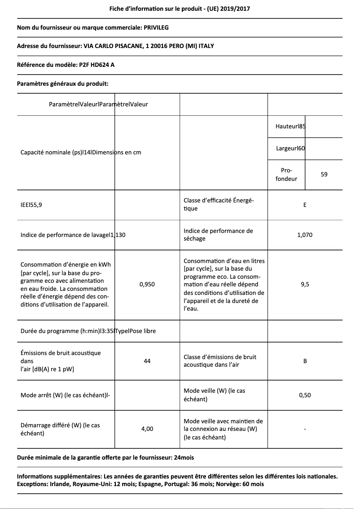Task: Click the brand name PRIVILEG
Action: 156,27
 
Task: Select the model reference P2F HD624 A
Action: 97,65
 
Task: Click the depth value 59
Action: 324,174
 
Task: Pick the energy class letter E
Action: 305,205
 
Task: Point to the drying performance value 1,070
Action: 305,235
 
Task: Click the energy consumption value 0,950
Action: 147,284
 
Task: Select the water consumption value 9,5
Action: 305,284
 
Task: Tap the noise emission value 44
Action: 147,361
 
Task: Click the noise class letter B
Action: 305,361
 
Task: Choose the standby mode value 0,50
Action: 305,395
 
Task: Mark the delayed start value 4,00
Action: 147,429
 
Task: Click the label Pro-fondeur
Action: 286,175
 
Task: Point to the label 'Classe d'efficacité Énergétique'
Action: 219,205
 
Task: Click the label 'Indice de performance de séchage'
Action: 218,235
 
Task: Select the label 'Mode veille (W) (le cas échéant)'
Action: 215,395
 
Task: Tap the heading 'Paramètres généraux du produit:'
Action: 62,83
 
